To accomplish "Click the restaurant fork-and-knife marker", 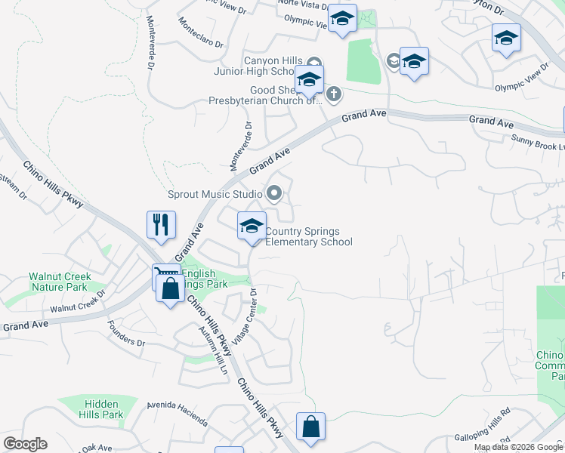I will (x=161, y=224).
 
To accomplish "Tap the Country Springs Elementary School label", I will (x=309, y=237).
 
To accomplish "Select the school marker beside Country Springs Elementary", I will (x=252, y=226).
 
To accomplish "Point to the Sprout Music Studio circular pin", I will (x=274, y=195).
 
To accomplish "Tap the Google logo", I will (x=25, y=444).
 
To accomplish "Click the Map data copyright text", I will (x=519, y=447).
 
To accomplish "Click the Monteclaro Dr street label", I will (x=202, y=33).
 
